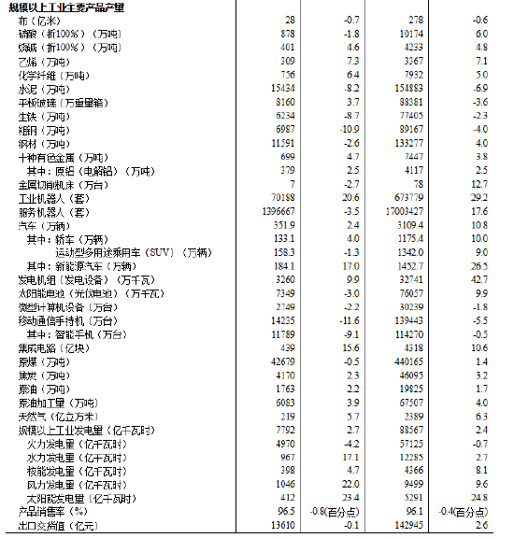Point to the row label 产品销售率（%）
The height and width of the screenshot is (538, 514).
coord(52,512)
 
